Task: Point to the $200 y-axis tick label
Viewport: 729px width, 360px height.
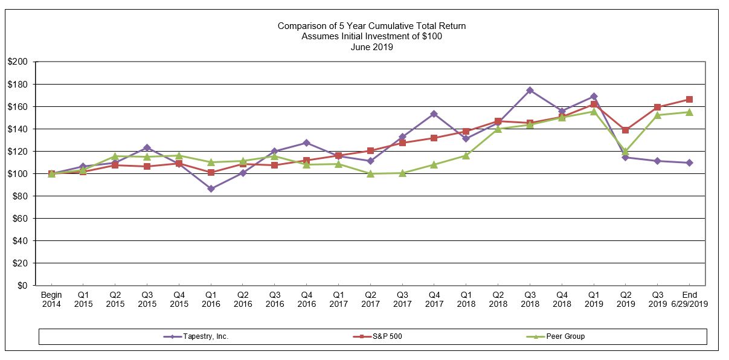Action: pos(18,62)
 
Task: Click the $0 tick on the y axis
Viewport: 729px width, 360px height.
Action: pos(22,285)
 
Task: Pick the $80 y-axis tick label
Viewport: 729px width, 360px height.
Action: pos(20,196)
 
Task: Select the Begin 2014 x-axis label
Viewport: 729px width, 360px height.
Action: pos(51,300)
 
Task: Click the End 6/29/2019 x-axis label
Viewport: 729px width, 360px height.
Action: pos(689,300)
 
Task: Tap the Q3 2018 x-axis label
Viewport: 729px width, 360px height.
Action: pos(530,300)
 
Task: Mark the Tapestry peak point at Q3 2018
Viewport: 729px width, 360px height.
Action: pos(530,90)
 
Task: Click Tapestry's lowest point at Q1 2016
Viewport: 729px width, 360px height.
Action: pos(211,188)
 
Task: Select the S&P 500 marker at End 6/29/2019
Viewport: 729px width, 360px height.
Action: pos(689,99)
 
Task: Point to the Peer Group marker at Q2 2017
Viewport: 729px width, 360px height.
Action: pos(370,173)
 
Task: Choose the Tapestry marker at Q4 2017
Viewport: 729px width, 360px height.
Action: pos(434,114)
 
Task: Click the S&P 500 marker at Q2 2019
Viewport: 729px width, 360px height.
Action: pos(625,130)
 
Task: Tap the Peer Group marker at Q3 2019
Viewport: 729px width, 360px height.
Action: pos(657,115)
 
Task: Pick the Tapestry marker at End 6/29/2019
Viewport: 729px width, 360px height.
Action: pos(689,162)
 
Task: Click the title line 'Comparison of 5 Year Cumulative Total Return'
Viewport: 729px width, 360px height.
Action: pos(371,26)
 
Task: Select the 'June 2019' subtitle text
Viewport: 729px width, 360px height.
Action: pos(371,47)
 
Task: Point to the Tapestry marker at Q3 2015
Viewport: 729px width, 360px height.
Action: pos(147,147)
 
